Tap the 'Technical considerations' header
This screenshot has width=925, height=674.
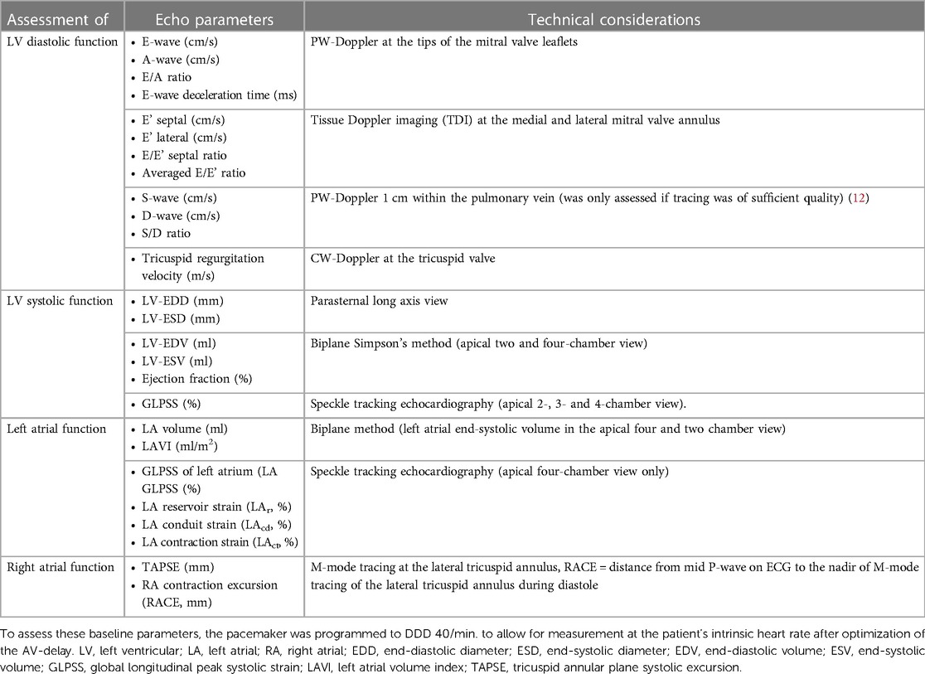click(x=613, y=18)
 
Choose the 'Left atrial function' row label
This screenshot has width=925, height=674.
click(x=56, y=429)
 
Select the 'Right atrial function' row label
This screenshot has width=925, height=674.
click(x=60, y=567)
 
